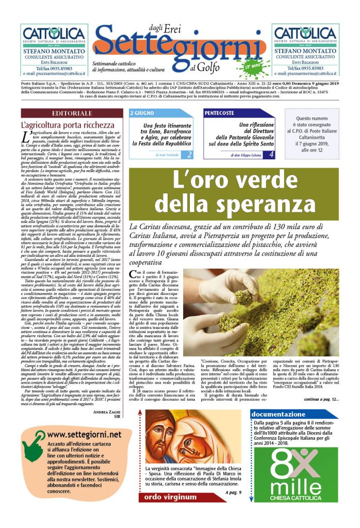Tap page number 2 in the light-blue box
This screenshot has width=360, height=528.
pos(189,154)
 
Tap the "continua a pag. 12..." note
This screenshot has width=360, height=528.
pos(321,413)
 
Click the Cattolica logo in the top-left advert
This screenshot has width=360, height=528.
pos(53,34)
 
